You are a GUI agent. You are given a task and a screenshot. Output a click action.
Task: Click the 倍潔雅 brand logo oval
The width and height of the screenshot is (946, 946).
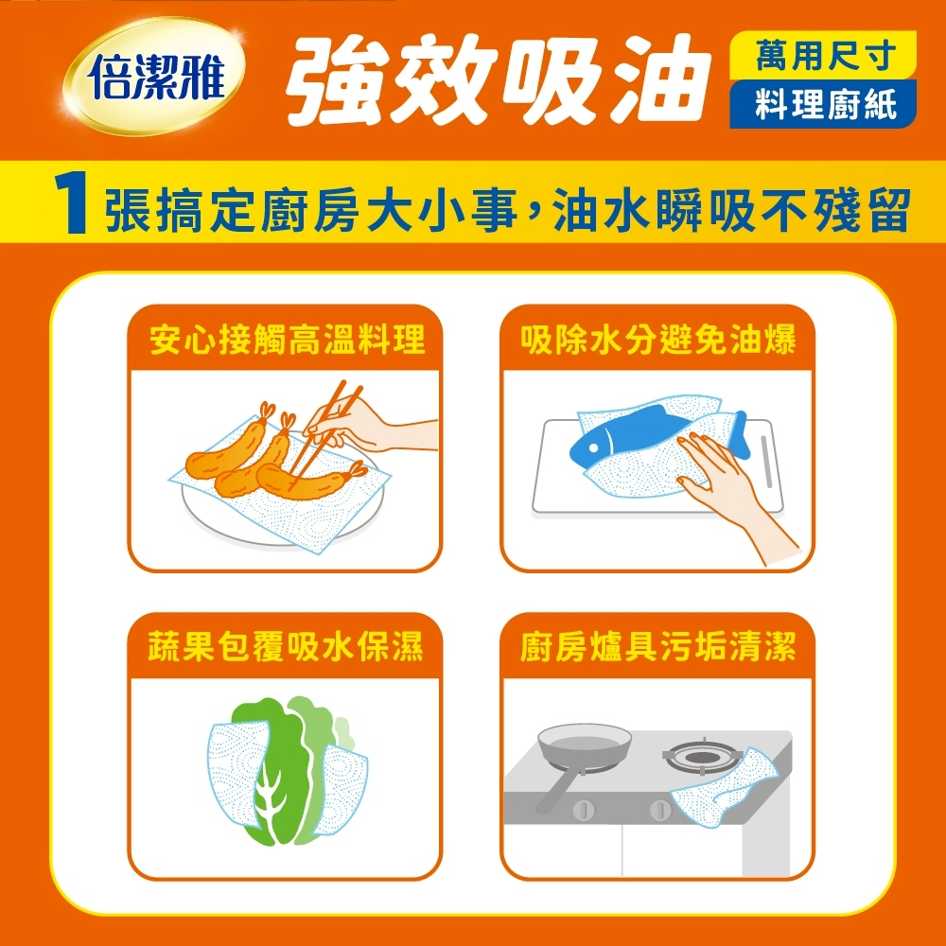click(154, 76)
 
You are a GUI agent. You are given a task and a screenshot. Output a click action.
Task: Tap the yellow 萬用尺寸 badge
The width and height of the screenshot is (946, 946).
click(823, 56)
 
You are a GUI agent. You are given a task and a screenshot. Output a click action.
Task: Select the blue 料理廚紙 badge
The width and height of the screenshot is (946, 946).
click(823, 104)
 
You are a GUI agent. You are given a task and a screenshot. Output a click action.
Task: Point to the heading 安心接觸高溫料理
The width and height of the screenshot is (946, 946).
click(288, 339)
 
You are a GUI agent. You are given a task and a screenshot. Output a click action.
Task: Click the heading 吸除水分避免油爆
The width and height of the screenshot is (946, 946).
click(657, 339)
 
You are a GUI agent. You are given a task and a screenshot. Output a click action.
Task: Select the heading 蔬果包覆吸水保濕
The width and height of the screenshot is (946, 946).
click(286, 646)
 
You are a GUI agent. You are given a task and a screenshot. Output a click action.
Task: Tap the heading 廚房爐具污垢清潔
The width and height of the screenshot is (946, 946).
click(657, 646)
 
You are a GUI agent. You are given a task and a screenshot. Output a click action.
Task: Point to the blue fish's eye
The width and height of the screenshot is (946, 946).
click(594, 447)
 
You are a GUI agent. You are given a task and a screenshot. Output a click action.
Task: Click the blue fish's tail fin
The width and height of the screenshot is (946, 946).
click(741, 433)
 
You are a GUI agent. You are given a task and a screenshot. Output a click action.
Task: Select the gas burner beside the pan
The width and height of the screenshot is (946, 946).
click(700, 757)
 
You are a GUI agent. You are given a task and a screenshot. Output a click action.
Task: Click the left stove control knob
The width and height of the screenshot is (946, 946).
click(584, 809)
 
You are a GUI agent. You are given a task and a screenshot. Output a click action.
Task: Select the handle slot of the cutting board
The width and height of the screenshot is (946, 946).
click(767, 463)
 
